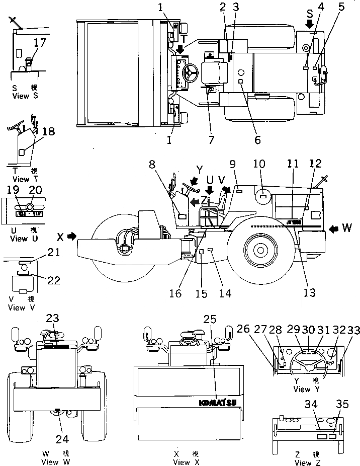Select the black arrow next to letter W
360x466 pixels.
[x=333, y=229]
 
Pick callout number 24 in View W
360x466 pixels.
[x=62, y=439]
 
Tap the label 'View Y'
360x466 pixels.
[x=302, y=389]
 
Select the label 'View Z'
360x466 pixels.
[x=304, y=463]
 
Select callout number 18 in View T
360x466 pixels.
[x=48, y=131]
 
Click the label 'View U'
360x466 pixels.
[x=19, y=239]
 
